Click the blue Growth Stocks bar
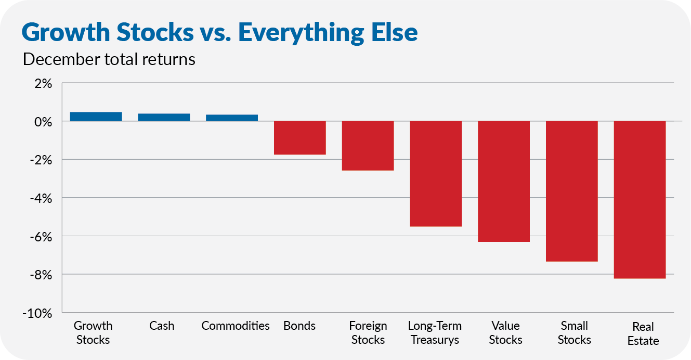[96, 117]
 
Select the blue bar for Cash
[164, 117]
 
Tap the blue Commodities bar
[232, 118]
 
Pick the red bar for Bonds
[300, 138]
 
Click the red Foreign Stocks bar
[368, 146]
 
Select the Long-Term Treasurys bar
[436, 174]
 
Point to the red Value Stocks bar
[504, 182]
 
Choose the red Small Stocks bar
[571, 191]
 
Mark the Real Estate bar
[640, 200]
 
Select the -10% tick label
[37, 313]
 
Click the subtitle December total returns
[109, 59]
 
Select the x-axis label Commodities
[236, 326]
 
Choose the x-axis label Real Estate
[643, 334]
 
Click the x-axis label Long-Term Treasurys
[435, 333]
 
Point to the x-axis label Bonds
[299, 326]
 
